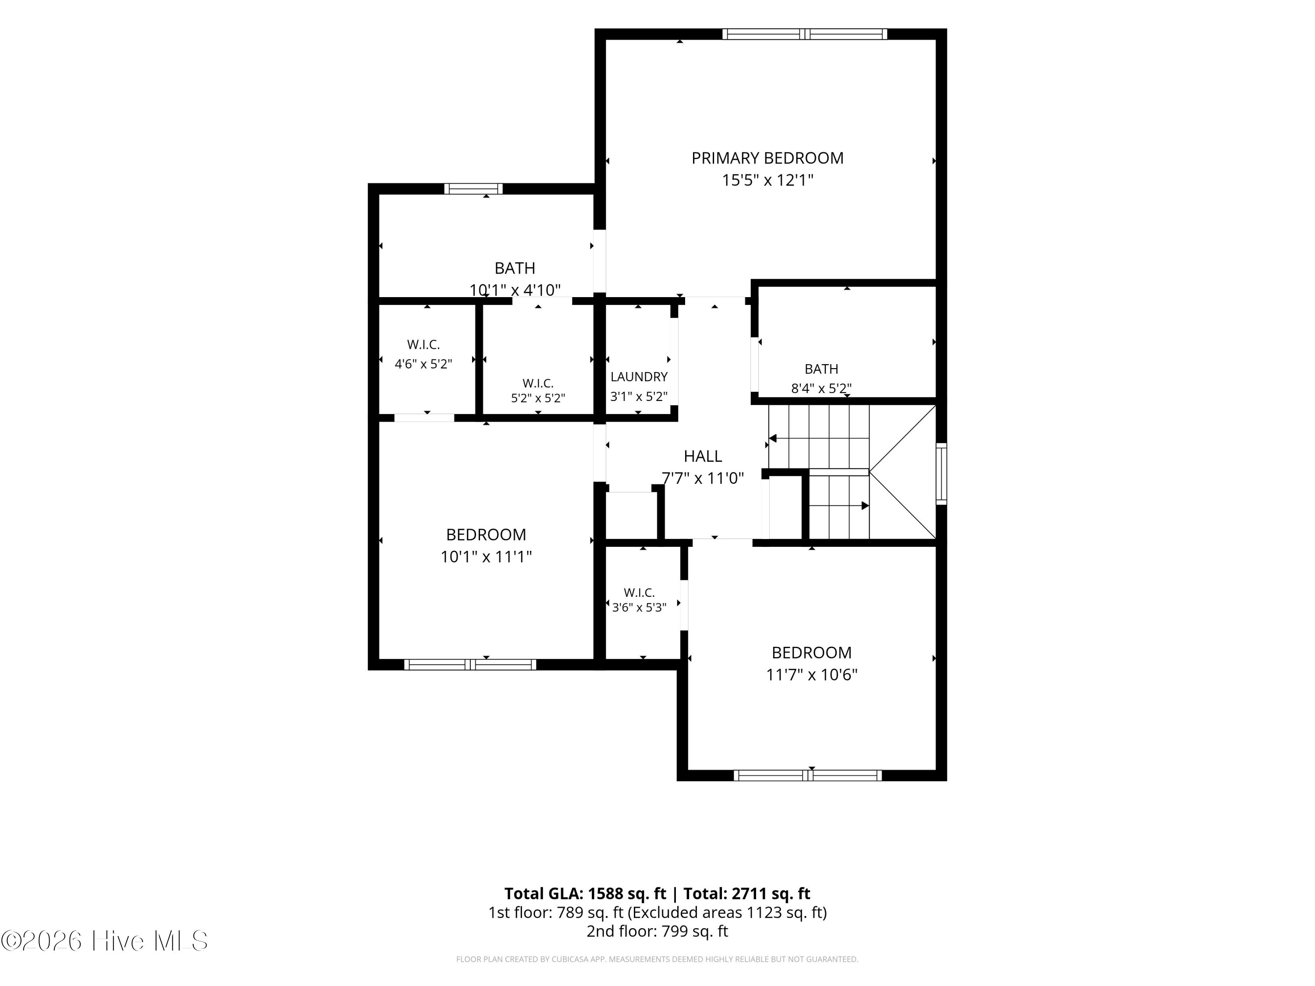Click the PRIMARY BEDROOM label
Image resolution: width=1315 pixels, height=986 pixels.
coord(767,158)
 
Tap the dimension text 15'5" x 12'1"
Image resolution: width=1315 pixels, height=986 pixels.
coord(767,180)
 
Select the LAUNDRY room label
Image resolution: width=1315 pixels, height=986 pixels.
coord(639,377)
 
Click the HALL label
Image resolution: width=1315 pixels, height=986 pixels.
coord(703,456)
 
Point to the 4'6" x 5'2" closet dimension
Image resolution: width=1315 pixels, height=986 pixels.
coord(423,364)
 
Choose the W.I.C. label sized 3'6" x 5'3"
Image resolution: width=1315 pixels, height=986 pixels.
coord(639,592)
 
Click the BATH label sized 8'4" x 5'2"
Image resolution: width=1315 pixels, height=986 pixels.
coord(821,369)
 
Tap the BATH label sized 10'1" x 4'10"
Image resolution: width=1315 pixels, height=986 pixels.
coord(515,268)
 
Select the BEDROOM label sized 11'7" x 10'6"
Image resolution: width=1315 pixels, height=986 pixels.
coord(811,653)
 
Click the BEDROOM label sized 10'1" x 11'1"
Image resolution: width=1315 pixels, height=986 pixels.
coord(486,535)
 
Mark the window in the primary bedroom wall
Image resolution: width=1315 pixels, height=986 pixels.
coord(804,34)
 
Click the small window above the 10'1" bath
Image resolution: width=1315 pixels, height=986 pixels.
coord(473,189)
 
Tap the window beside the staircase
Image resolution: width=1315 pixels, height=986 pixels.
coord(942,474)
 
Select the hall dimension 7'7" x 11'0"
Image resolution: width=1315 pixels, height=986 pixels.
coord(703,478)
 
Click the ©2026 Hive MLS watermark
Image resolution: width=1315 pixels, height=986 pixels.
coord(105,941)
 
